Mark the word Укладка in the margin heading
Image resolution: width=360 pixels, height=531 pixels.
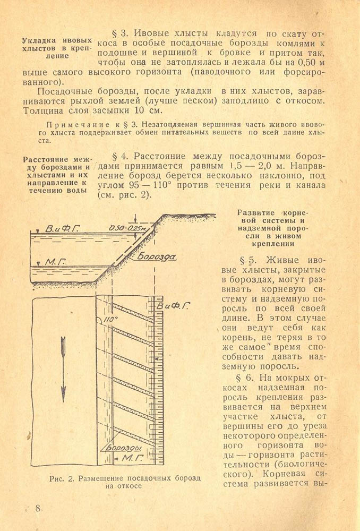click(x=39, y=41)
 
